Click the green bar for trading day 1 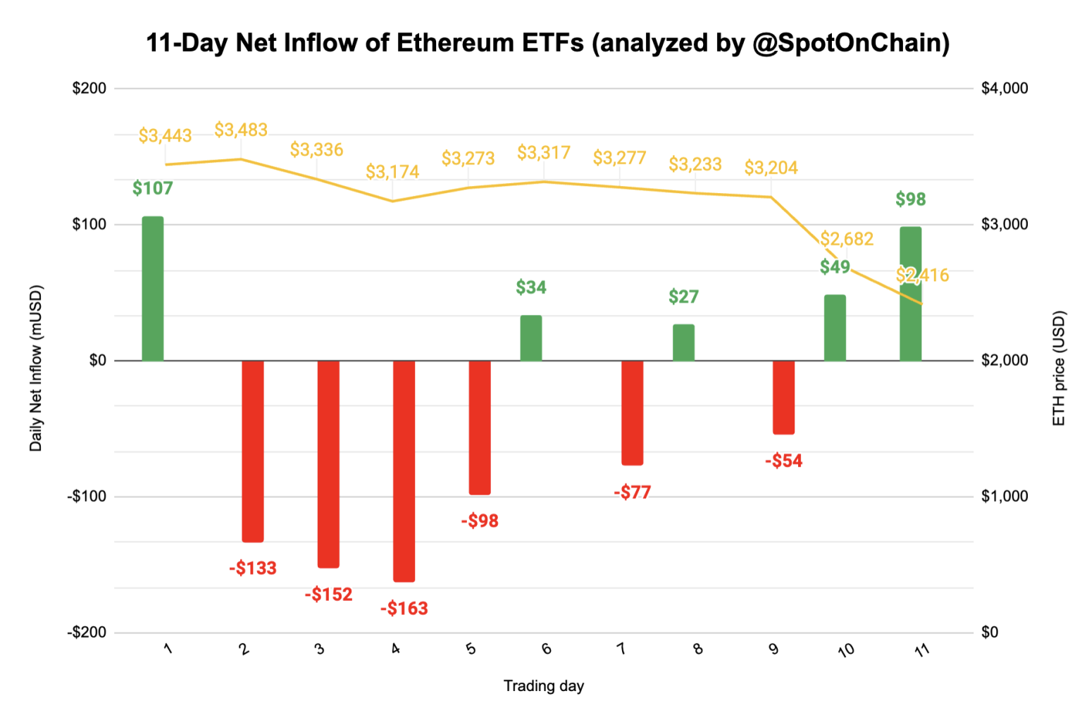[153, 289]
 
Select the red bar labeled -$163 [404, 471]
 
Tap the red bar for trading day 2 [253, 451]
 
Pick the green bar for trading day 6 [531, 338]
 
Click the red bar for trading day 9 [783, 397]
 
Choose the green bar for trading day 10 [835, 328]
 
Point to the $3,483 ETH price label [241, 130]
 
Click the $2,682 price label [847, 239]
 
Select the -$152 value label [328, 595]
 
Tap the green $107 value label [152, 188]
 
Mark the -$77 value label [632, 492]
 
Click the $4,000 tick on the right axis [1004, 88]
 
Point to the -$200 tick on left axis [87, 632]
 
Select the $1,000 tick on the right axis [1004, 496]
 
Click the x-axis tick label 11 [921, 650]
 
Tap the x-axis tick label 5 [471, 649]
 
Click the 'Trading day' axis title [543, 685]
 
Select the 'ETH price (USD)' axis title [1058, 368]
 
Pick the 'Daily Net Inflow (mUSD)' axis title [36, 368]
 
